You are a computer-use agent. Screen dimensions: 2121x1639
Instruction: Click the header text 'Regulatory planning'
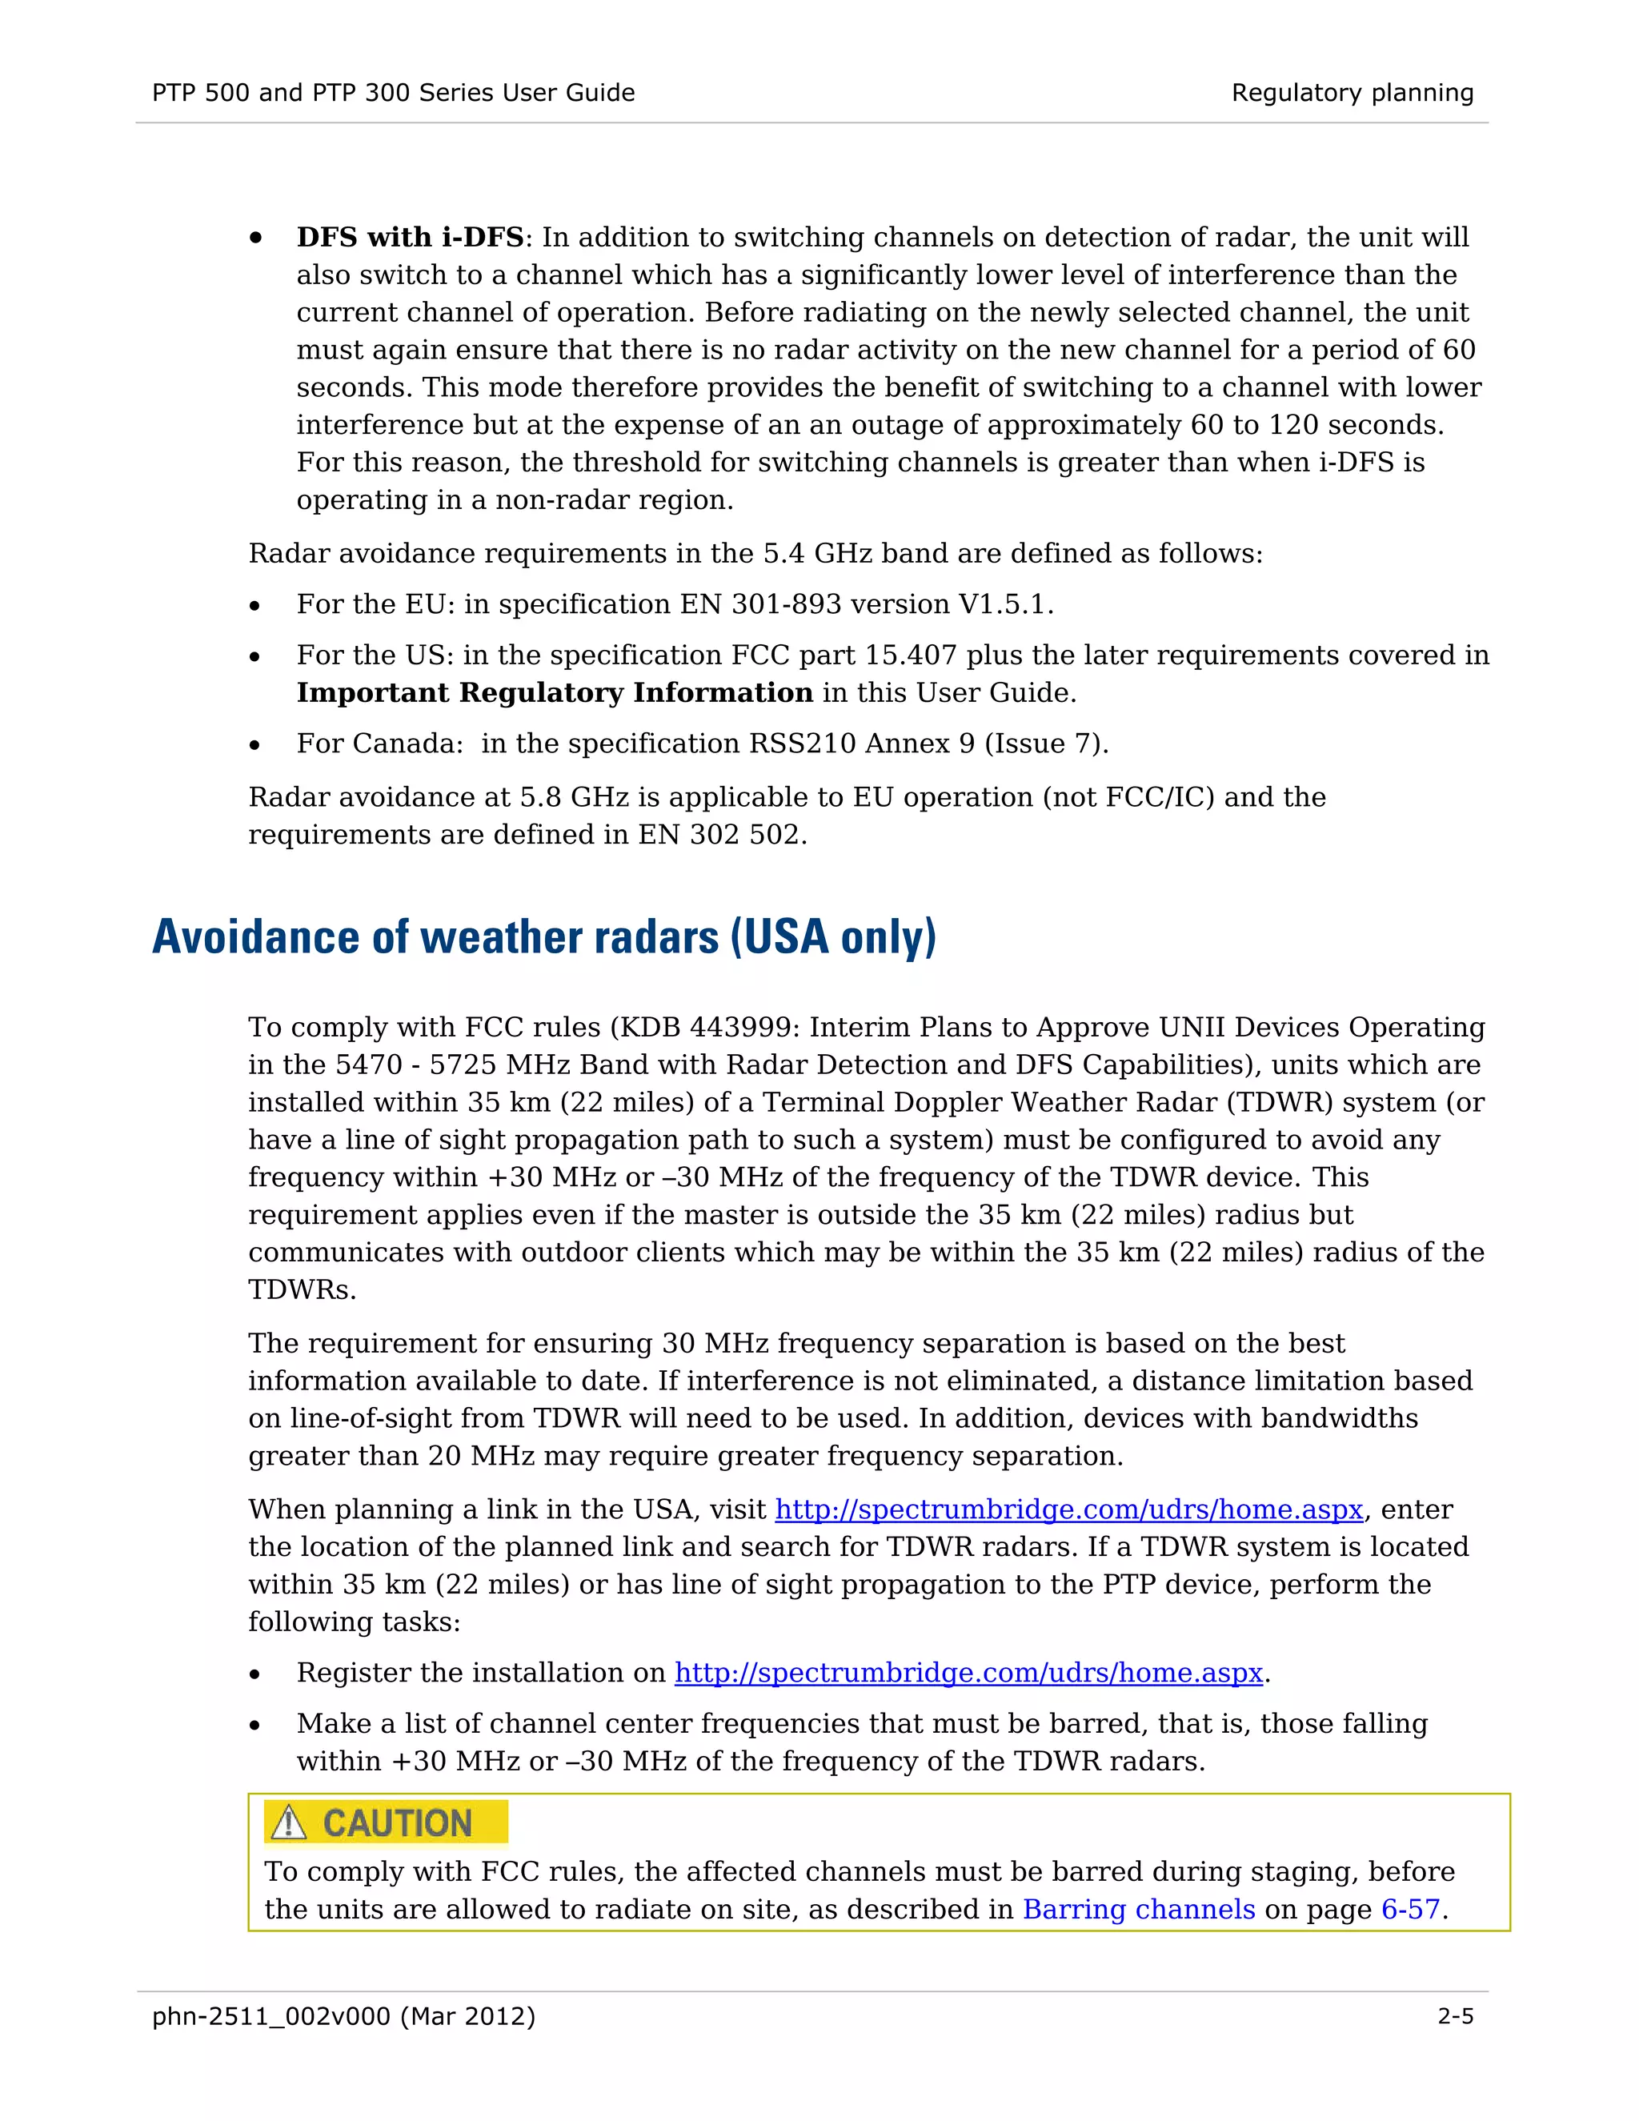1352,93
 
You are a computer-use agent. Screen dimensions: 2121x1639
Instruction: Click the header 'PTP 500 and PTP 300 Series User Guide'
393,93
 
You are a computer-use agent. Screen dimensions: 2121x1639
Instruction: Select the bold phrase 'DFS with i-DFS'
410,238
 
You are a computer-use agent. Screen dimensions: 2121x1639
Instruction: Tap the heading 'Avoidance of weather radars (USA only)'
543,938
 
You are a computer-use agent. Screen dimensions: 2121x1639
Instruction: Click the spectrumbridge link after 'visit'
1069,1510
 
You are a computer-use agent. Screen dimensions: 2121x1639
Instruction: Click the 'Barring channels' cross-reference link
1138,1909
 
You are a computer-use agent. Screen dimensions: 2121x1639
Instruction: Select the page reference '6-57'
1410,1909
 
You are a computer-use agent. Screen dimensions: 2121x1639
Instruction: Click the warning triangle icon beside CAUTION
288,1822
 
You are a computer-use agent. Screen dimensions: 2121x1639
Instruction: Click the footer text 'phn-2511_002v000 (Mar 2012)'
343,2017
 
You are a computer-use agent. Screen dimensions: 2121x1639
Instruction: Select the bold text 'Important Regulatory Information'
555,693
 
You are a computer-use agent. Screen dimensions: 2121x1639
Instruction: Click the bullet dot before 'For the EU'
254,607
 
